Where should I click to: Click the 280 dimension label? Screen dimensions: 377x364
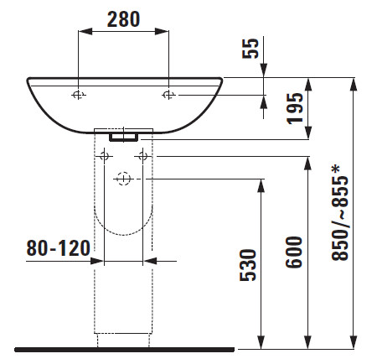123,19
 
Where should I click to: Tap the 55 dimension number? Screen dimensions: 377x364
250,49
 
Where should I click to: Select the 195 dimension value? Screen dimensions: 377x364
295,108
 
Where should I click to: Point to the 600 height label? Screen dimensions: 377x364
294,252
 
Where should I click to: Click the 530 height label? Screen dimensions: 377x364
248,265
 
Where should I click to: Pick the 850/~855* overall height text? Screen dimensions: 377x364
340,213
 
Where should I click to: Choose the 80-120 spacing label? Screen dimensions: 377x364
58,248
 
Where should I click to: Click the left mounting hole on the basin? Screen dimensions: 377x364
78,95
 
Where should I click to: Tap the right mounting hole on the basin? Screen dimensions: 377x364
168,95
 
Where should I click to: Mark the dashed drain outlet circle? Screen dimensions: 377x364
123,179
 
